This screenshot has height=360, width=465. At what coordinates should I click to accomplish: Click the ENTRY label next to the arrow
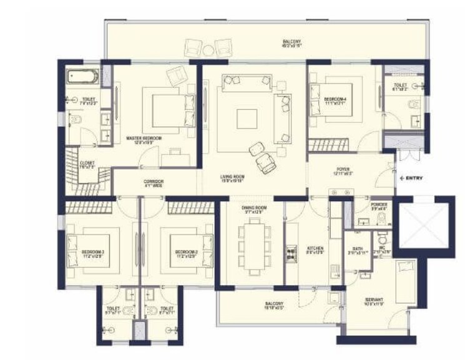click(414, 178)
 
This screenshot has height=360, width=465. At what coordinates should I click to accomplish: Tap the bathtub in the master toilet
click(83, 77)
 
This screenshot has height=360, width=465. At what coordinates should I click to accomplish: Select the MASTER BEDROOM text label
click(144, 139)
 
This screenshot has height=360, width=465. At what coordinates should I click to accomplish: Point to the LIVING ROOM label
click(232, 178)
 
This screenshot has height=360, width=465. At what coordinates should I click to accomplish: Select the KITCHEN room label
click(315, 249)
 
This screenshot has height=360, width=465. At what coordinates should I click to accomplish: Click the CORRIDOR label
click(153, 182)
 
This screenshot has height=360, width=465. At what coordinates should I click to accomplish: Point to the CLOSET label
click(87, 164)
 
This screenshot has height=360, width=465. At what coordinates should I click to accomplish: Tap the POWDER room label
click(379, 205)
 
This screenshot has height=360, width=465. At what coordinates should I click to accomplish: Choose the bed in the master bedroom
click(165, 107)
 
